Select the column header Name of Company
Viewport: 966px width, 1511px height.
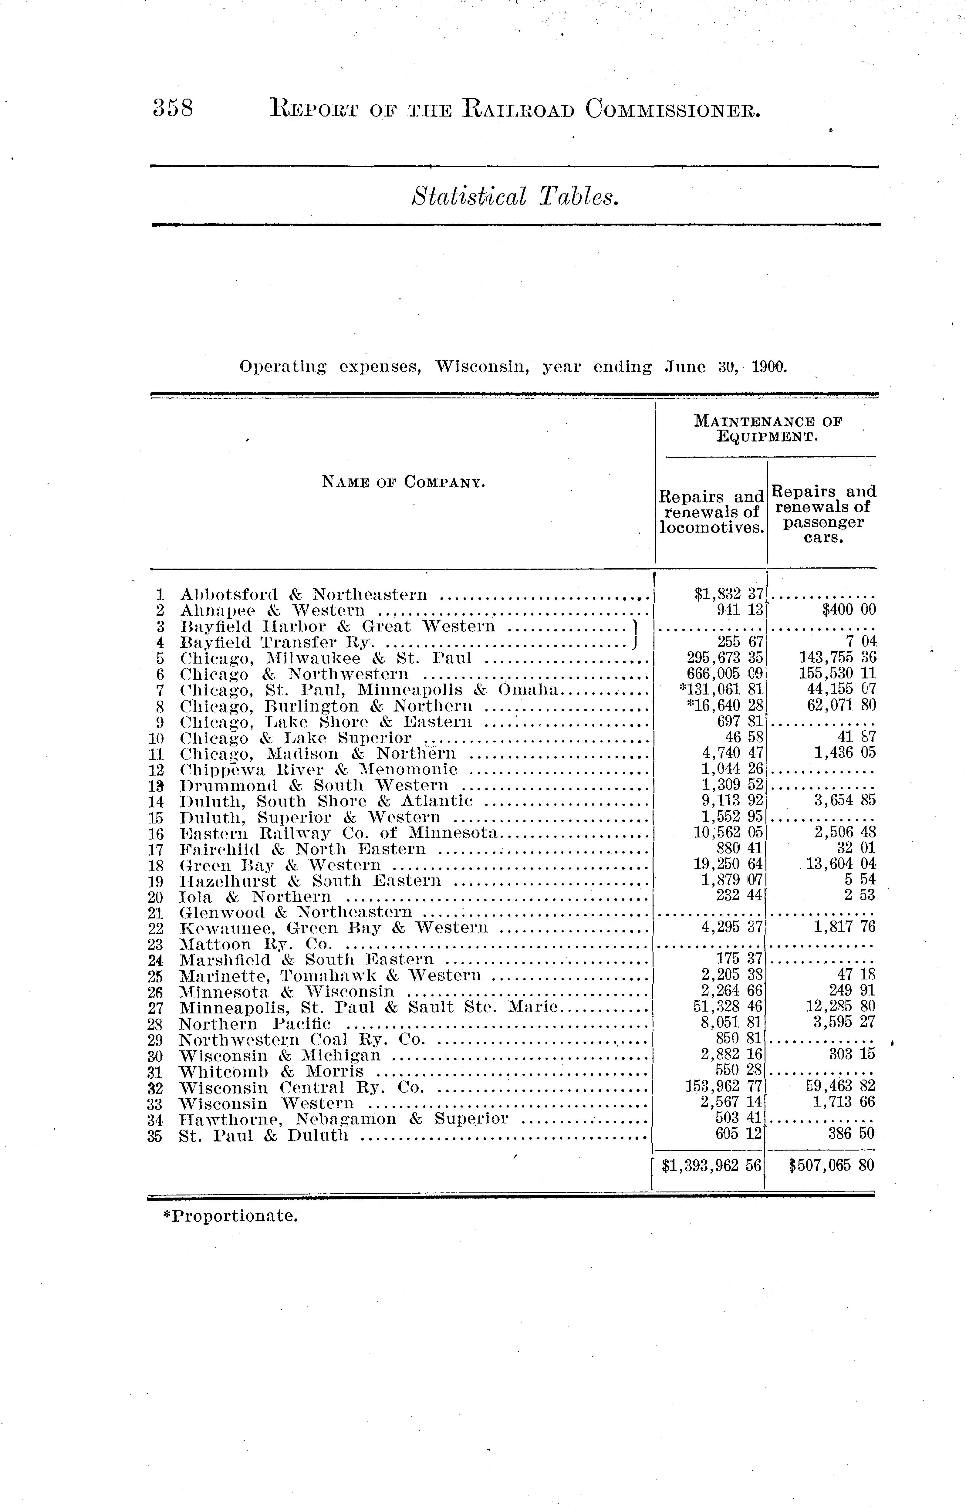click(403, 482)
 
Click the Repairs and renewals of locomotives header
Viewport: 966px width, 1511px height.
click(711, 512)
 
